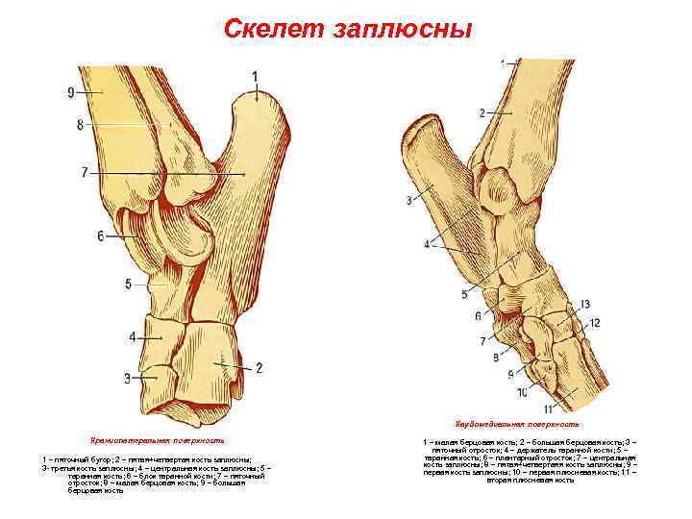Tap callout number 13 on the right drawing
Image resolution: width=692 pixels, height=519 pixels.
point(584,304)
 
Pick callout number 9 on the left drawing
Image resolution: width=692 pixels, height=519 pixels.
point(71,92)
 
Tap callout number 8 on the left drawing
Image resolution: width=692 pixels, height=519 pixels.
point(81,124)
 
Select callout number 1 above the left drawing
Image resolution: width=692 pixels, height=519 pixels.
point(255,76)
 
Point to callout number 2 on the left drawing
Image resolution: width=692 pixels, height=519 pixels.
point(259,368)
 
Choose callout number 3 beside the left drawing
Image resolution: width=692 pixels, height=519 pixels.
point(126,378)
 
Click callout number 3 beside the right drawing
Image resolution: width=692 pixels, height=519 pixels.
point(409,200)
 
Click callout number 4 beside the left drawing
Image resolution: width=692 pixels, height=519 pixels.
point(132,336)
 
